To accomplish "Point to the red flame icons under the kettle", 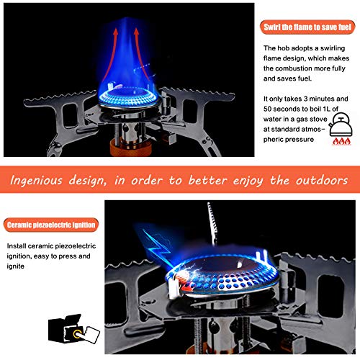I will (337, 143).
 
